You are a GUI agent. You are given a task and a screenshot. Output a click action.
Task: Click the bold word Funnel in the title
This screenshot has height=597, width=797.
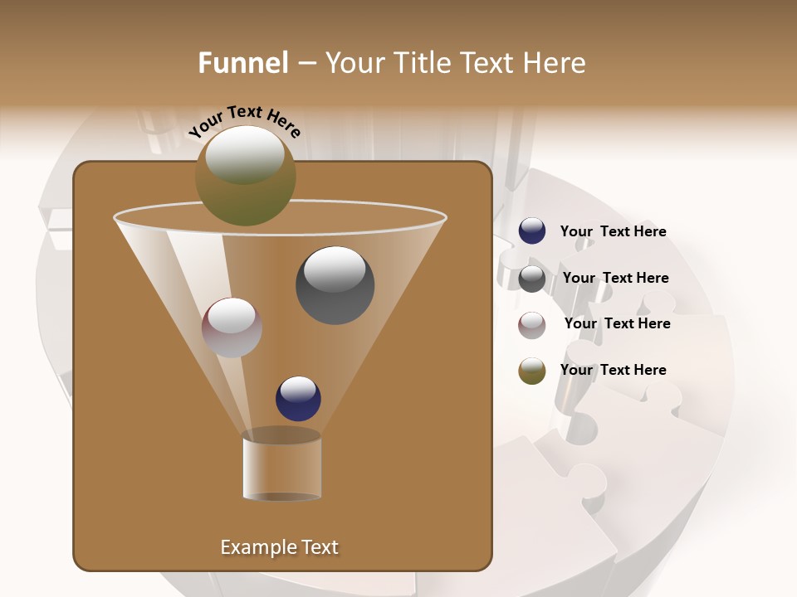(243, 63)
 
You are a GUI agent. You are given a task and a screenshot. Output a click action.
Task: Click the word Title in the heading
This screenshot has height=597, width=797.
(421, 63)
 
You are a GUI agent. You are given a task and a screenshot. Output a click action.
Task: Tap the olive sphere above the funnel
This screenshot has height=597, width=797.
(245, 177)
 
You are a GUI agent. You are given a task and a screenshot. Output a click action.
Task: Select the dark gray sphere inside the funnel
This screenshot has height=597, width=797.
(335, 285)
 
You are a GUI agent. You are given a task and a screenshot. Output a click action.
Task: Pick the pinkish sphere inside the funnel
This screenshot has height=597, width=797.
(232, 328)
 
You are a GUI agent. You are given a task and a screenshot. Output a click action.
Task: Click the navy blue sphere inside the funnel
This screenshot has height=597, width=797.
(298, 399)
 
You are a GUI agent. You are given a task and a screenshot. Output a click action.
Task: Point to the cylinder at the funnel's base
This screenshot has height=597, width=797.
(281, 466)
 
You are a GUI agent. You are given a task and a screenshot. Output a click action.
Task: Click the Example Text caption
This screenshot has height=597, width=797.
(279, 547)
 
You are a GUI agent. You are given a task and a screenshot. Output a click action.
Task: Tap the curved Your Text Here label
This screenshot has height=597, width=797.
(245, 121)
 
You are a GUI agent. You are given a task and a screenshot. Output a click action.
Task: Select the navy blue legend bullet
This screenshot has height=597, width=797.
(532, 231)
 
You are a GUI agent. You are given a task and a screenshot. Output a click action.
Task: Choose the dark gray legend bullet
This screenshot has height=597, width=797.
(532, 278)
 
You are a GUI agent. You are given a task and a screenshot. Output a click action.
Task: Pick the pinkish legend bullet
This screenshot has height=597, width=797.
(532, 324)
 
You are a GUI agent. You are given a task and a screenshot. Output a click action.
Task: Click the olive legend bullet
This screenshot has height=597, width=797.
(532, 371)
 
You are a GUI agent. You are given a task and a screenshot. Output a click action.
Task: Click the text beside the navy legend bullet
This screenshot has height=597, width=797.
(613, 231)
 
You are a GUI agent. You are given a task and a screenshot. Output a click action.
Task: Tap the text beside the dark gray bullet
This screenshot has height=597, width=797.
(615, 278)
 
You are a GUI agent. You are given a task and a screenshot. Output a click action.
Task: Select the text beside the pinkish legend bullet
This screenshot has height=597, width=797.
(617, 323)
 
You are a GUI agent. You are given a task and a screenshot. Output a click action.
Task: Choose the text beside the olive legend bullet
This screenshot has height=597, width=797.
(613, 370)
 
